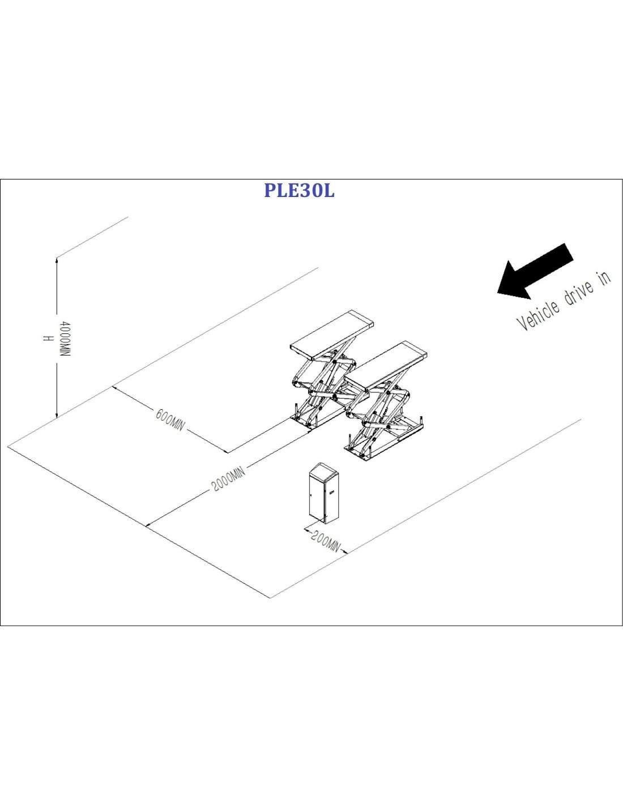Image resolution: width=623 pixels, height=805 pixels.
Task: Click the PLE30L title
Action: (x=299, y=191)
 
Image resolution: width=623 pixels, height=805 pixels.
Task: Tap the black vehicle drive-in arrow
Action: (x=536, y=272)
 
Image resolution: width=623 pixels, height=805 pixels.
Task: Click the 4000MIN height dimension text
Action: (x=65, y=339)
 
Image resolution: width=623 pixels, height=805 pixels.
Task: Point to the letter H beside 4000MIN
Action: (x=47, y=339)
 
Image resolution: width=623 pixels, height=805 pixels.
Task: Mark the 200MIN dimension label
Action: (x=326, y=542)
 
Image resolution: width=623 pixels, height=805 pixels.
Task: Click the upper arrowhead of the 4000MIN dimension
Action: (x=56, y=260)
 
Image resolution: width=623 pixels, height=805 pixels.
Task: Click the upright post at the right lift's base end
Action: (x=422, y=421)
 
